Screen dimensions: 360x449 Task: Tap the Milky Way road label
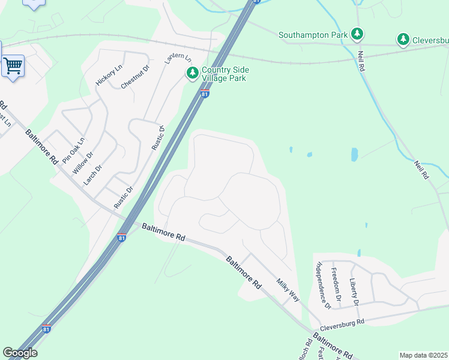pyautogui.click(x=288, y=290)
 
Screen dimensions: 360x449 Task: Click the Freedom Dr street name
pyautogui.click(x=337, y=284)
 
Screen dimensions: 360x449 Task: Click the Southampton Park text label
pyautogui.click(x=313, y=35)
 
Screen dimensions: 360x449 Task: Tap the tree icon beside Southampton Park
pyautogui.click(x=358, y=34)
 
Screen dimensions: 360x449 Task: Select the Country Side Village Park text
pyautogui.click(x=225, y=74)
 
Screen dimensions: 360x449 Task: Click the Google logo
pyautogui.click(x=20, y=352)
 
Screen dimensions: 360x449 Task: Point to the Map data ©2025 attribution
pyautogui.click(x=423, y=355)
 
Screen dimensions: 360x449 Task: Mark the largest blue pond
pyautogui.click(x=354, y=154)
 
